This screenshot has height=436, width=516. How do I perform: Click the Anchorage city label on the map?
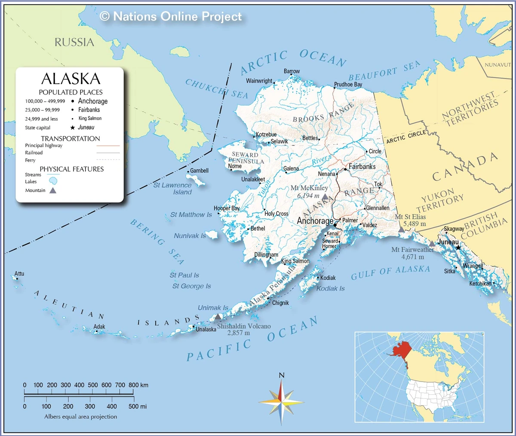coord(315,221)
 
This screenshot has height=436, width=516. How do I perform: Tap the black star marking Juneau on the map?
coord(458,248)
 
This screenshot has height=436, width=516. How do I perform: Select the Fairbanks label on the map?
coord(362,167)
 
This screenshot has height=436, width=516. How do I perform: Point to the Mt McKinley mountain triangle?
coord(326,197)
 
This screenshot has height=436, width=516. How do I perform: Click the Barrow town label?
coord(292,71)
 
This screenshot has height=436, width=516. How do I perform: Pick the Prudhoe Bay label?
coord(348,85)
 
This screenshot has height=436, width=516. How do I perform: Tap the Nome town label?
coord(235,166)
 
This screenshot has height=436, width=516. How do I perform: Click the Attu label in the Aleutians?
coord(19,273)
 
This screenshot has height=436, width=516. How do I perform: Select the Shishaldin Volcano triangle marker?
coord(218,317)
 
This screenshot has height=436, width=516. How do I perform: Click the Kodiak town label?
coord(328,278)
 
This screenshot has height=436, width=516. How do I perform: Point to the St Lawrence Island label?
coord(172,188)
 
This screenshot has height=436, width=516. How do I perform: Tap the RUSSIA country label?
coord(74,42)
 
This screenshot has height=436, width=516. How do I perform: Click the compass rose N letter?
coord(282,375)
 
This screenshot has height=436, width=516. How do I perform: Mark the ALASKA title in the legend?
coord(71,79)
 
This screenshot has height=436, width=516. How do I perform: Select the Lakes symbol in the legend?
coord(53,181)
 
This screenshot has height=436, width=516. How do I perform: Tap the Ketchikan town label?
coord(480,284)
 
